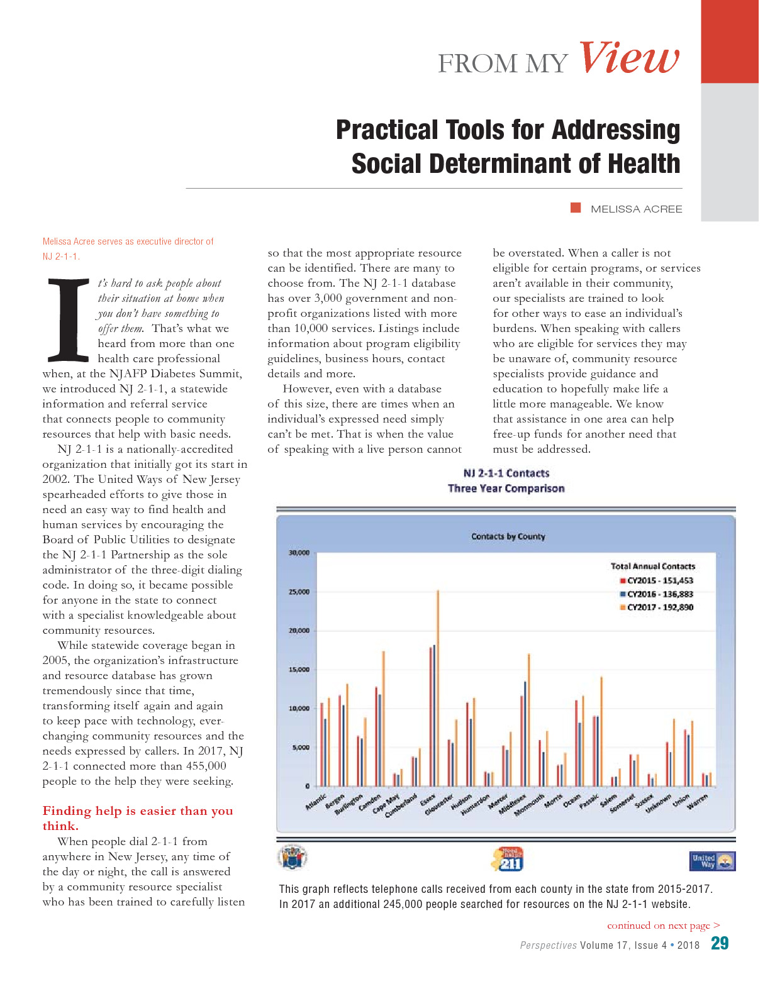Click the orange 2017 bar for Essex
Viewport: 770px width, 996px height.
click(x=438, y=688)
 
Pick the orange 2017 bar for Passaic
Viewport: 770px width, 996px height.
click(x=601, y=731)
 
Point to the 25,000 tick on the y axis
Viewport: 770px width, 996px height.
click(x=299, y=592)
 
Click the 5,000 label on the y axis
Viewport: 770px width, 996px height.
click(x=300, y=748)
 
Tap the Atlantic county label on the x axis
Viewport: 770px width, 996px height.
click(x=316, y=802)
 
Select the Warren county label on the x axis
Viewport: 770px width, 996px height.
click(x=698, y=801)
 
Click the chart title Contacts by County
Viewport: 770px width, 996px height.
click(x=508, y=536)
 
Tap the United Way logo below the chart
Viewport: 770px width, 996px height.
click(x=712, y=861)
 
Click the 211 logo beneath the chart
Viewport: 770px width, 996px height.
click(x=507, y=859)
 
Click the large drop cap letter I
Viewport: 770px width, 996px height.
click(x=69, y=321)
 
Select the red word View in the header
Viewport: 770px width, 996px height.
click(x=628, y=58)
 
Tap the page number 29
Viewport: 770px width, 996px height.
click(x=720, y=943)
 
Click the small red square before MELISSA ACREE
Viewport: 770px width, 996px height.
click(x=576, y=208)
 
